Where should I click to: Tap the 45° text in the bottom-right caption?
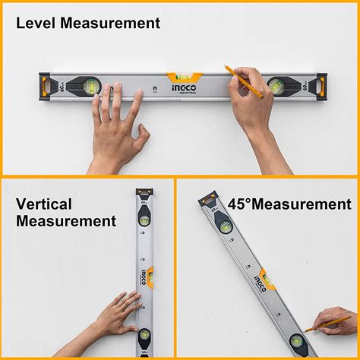click(x=242, y=204)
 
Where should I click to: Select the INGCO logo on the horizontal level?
click(x=226, y=87)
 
